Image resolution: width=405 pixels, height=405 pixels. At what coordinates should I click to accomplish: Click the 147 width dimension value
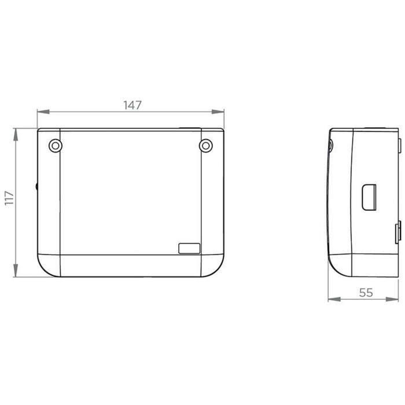pyautogui.click(x=132, y=105)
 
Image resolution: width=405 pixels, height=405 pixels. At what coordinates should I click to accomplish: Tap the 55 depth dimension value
pyautogui.click(x=366, y=293)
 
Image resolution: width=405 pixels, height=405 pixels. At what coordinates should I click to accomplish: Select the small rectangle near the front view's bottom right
pyautogui.click(x=189, y=248)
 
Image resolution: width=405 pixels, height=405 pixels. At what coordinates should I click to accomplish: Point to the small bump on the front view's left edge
pyautogui.click(x=36, y=187)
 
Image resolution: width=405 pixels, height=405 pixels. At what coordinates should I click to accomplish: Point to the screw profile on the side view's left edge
pyautogui.click(x=330, y=146)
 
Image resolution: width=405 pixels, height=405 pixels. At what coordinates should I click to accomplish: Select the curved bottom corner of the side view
pyautogui.click(x=337, y=268)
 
